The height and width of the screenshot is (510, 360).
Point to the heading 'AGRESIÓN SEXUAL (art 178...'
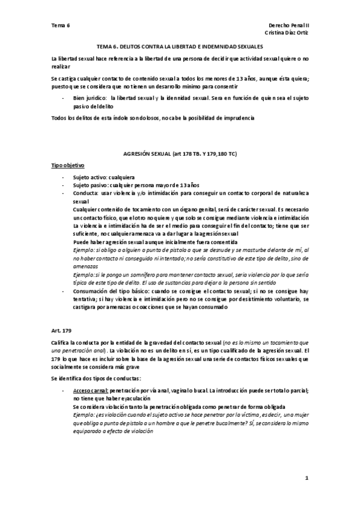pos(180,155)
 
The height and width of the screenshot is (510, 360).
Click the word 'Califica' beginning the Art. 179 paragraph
pos(62,342)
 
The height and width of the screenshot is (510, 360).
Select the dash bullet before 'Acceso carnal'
pos(64,390)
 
